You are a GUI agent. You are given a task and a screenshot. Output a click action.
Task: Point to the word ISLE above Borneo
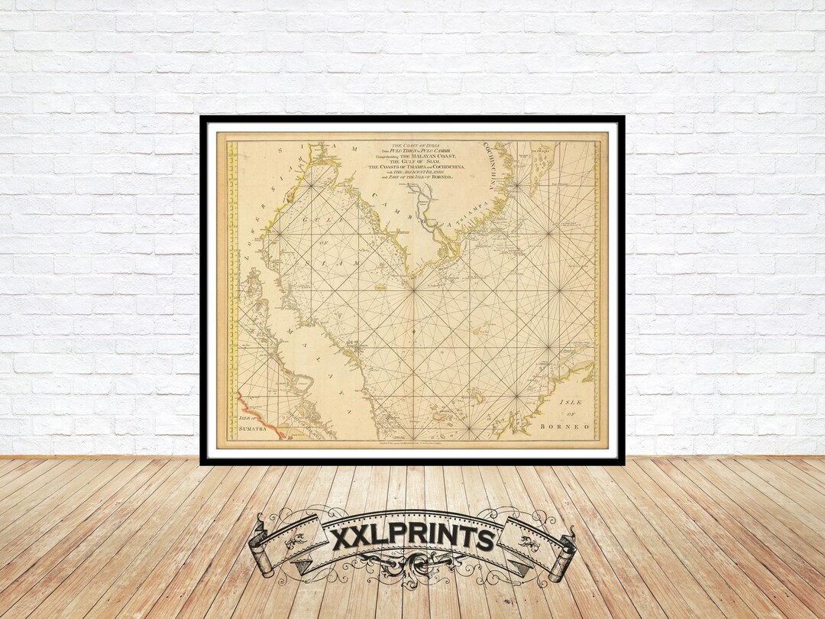pos(571,402)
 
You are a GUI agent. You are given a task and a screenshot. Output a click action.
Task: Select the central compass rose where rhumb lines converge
pos(412,290)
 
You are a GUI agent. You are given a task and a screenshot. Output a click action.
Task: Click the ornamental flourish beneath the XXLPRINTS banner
pos(412,569)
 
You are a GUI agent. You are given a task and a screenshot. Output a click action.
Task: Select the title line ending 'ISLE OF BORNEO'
pos(422,177)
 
